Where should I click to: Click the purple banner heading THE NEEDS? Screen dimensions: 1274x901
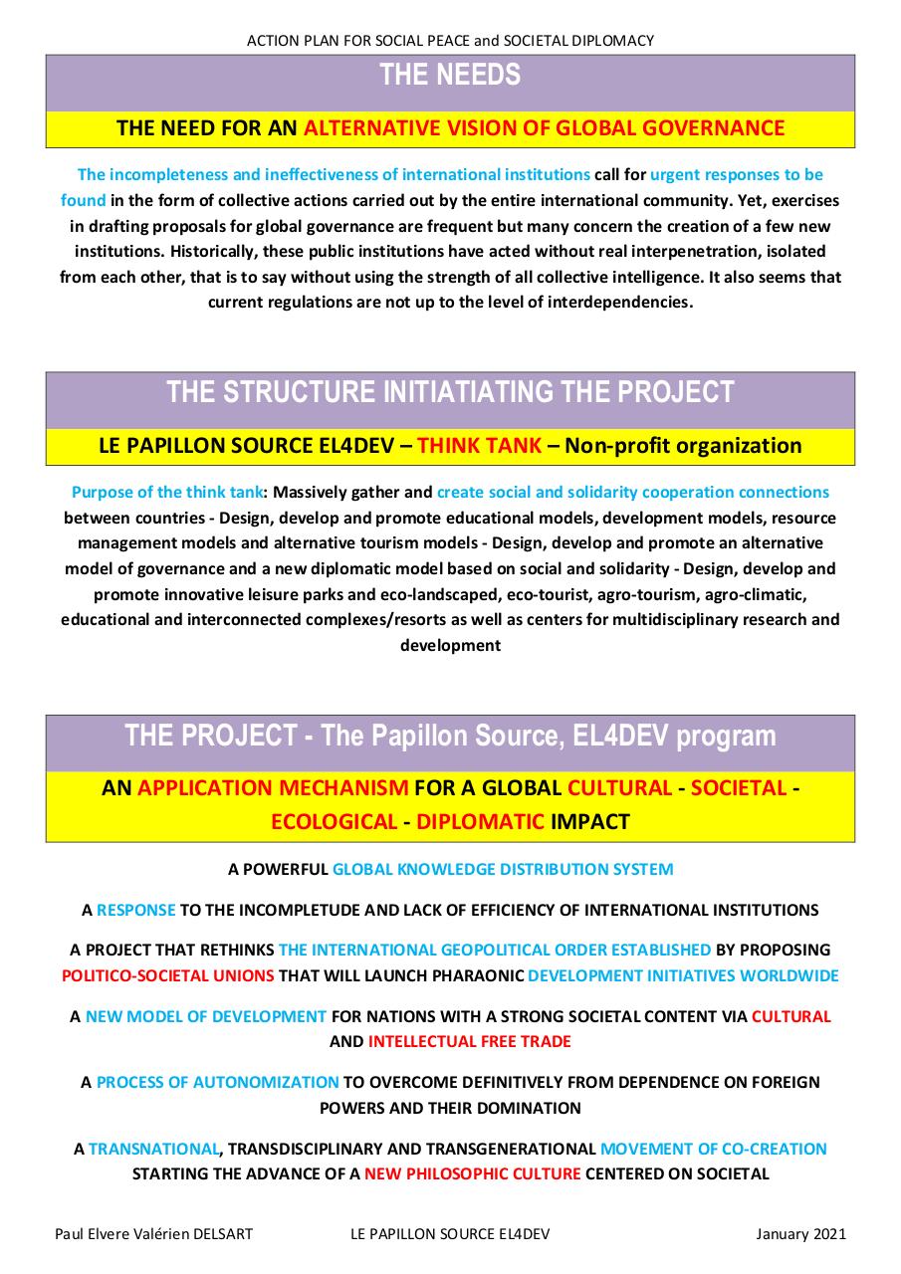tap(450, 76)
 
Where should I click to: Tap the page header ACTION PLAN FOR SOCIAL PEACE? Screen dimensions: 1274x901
tap(450, 41)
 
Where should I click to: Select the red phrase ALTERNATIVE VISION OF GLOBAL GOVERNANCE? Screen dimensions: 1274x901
tap(545, 128)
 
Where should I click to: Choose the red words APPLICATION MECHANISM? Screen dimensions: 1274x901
tap(273, 788)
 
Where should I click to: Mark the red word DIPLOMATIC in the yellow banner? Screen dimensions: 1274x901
tap(481, 822)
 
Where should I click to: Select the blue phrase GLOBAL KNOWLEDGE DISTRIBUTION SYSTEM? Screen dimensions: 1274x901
tap(503, 869)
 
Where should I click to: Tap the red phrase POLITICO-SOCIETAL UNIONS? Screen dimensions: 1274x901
tap(168, 975)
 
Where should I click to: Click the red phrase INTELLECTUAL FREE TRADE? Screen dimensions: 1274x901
tap(470, 1042)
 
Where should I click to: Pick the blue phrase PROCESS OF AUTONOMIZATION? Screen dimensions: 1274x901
tap(218, 1082)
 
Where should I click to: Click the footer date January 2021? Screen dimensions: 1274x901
tap(800, 1234)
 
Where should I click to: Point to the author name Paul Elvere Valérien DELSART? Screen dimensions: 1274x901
tap(153, 1234)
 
